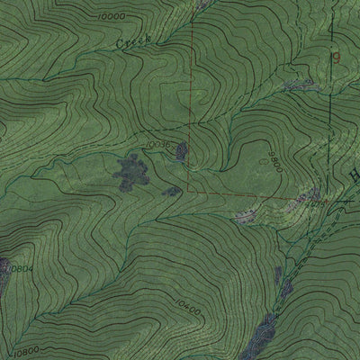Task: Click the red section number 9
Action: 337,57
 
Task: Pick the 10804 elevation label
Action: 22,267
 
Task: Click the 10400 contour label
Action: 187,311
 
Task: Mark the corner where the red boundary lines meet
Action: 189,192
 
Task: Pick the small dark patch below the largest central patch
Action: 168,191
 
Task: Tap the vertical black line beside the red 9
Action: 329,90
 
